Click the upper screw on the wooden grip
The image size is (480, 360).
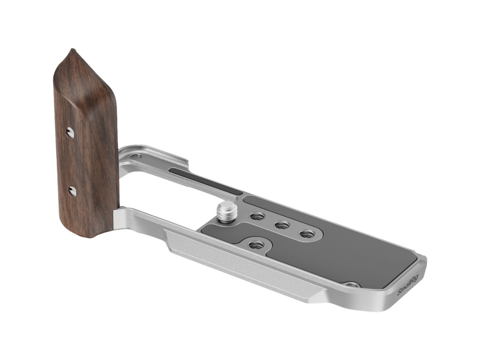click(70, 133)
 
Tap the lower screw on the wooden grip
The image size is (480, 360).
click(72, 192)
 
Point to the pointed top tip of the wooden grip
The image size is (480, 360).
click(72, 49)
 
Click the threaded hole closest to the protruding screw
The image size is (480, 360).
click(257, 217)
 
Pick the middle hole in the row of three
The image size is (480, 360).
click(282, 225)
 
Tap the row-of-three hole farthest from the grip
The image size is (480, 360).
click(307, 234)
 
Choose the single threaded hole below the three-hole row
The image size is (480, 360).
click(256, 245)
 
